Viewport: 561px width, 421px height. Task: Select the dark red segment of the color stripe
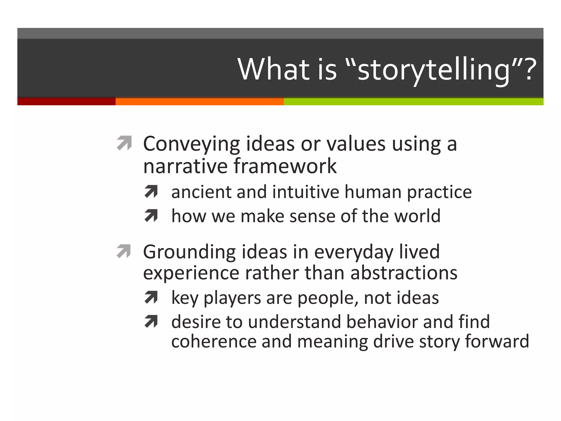tap(66, 101)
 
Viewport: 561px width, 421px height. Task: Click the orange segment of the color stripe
tap(199, 101)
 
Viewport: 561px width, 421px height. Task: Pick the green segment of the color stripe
tap(413, 101)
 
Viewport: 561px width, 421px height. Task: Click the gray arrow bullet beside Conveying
tap(124, 143)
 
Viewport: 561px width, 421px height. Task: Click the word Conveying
tap(191, 144)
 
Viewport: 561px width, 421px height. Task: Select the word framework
tap(285, 166)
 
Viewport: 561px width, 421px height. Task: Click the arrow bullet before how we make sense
tap(151, 216)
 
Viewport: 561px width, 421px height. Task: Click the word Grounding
tap(189, 252)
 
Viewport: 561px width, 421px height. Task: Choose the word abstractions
tap(403, 273)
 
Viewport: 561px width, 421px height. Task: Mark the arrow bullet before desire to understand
tap(151, 322)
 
